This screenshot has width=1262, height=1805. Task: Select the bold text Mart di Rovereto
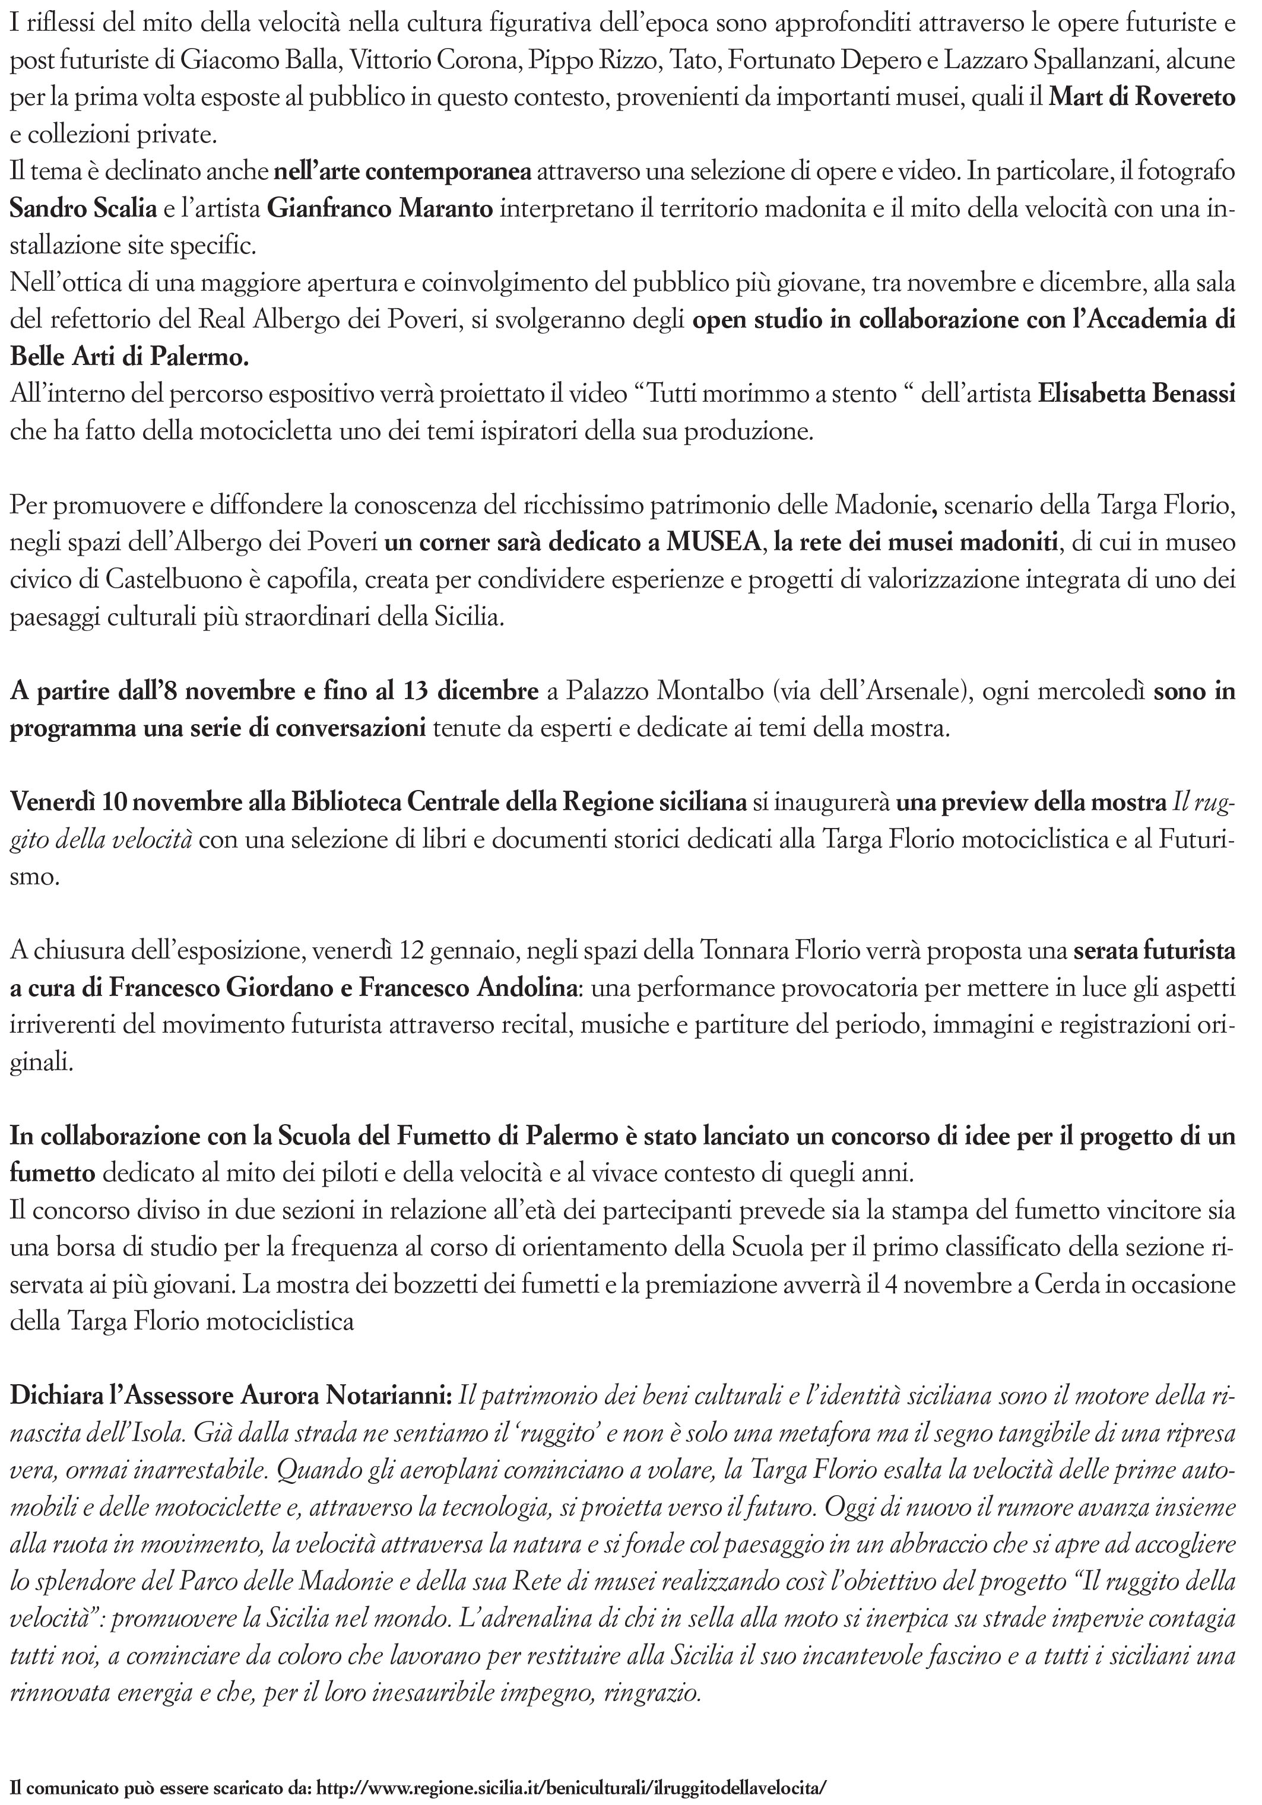(1143, 97)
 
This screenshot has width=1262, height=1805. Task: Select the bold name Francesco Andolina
(468, 988)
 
